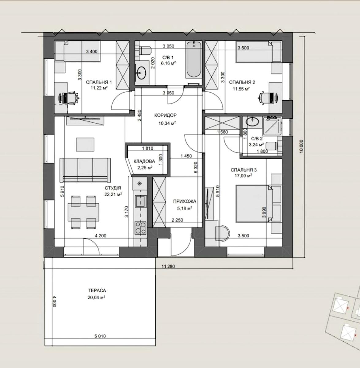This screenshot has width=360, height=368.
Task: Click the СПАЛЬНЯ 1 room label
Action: (x=98, y=82)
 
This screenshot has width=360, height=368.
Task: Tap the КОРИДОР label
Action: (x=165, y=115)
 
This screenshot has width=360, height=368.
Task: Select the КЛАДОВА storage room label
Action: (x=144, y=161)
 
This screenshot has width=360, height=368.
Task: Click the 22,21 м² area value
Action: (x=113, y=194)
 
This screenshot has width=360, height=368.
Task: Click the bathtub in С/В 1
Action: (x=193, y=60)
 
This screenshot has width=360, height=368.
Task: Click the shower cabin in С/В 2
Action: (x=271, y=125)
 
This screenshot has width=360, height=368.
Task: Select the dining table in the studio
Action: (x=83, y=212)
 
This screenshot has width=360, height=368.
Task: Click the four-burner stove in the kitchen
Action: (x=140, y=228)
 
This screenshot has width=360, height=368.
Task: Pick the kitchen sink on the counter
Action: (x=140, y=201)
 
